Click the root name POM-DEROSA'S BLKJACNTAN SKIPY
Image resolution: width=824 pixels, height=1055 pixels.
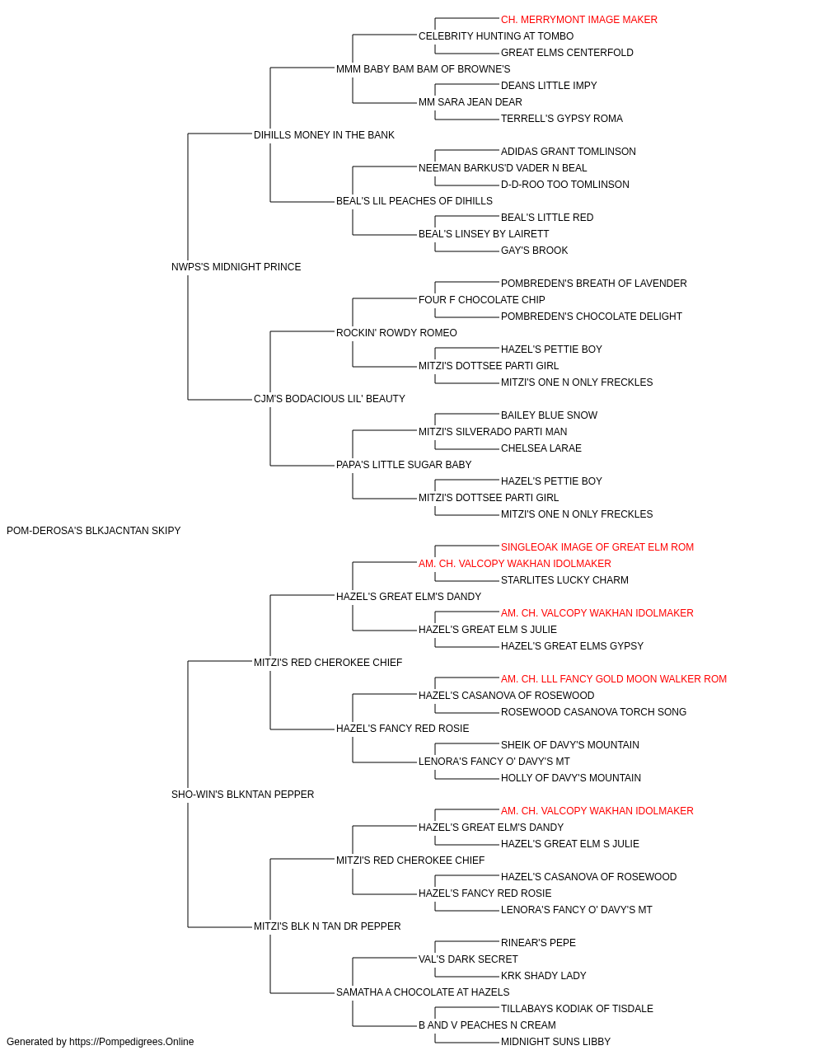(94, 531)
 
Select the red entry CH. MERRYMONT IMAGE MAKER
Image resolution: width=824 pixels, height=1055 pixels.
(579, 20)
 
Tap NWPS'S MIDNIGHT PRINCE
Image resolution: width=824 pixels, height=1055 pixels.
(236, 267)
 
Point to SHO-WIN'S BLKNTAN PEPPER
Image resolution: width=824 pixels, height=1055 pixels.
(242, 795)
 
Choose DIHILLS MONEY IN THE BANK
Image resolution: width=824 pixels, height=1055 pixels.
(324, 135)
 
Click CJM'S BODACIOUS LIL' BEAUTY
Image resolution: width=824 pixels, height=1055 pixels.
(330, 399)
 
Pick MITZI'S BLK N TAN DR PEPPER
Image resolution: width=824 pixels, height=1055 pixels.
(327, 926)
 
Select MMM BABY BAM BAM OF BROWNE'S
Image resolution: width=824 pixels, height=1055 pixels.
(424, 69)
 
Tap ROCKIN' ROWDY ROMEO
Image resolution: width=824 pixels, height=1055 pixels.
(396, 333)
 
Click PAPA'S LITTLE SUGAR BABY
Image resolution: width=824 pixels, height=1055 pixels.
(404, 465)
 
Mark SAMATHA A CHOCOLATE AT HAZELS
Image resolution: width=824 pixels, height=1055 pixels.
(423, 992)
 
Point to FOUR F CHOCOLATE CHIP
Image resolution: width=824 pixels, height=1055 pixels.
(482, 300)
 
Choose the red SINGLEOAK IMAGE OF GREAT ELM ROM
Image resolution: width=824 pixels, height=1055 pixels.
(597, 547)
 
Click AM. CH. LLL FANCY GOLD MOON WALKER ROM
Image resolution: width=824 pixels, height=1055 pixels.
(614, 679)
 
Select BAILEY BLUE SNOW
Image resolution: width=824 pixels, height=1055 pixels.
(549, 415)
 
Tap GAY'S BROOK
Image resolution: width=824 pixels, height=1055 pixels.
(534, 251)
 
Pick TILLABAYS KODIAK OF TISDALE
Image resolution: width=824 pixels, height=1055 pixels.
(577, 1009)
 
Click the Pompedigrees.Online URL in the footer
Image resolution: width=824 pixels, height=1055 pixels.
(132, 1042)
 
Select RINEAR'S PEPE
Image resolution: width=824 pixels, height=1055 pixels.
(538, 943)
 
